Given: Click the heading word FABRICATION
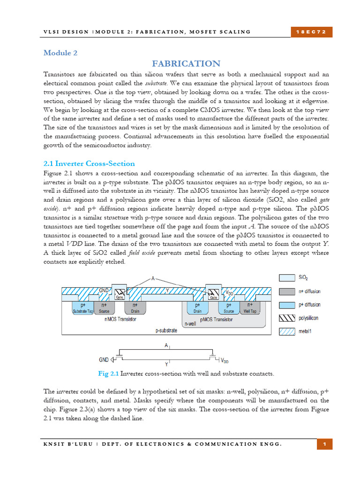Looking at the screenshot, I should [x=186, y=64].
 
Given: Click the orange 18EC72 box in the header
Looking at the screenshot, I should [x=311, y=31].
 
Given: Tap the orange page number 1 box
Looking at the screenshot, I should [x=324, y=443].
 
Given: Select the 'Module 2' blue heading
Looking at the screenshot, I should [x=60, y=53].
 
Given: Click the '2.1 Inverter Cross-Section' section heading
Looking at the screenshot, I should [x=89, y=164].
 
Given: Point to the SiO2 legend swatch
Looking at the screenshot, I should [x=287, y=278].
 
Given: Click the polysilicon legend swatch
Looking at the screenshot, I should [x=287, y=318].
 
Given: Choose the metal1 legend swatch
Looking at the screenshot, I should [x=287, y=331].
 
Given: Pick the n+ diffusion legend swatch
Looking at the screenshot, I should [x=287, y=291].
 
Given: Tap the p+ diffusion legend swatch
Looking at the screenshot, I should [x=287, y=305].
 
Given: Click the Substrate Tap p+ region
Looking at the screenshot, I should [x=83, y=307].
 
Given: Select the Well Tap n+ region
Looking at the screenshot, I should [x=250, y=307].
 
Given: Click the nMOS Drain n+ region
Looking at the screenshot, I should [x=135, y=307].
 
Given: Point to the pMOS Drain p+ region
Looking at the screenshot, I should [x=197, y=307].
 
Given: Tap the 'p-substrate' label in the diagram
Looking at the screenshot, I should [x=166, y=330].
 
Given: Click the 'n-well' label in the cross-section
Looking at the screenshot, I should [x=190, y=323].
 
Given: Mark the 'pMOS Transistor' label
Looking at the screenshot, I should [x=216, y=320].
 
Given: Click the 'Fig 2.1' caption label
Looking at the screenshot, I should [x=108, y=374].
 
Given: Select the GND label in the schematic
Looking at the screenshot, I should [x=104, y=360].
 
